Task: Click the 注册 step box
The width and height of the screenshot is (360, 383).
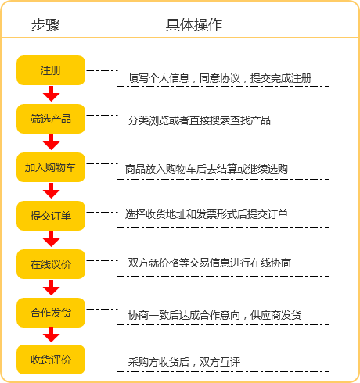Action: coord(51,70)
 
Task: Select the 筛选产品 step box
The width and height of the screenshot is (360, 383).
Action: coord(51,119)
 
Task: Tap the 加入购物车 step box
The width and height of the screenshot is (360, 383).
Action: coord(51,167)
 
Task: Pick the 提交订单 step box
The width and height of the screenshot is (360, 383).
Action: coord(51,216)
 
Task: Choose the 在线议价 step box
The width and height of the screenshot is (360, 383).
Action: coord(51,264)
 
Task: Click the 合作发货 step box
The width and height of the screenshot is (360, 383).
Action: coord(51,313)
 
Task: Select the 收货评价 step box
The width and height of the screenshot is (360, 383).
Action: coord(51,360)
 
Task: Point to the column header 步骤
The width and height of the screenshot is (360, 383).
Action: coord(45,25)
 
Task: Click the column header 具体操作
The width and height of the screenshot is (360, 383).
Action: coord(194,25)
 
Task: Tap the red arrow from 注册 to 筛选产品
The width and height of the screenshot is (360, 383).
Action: coord(52,94)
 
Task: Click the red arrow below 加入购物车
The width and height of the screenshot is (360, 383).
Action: coord(52,191)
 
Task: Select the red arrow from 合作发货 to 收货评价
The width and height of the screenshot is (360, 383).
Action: coord(52,335)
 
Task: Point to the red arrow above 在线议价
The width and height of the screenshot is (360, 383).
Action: coord(52,239)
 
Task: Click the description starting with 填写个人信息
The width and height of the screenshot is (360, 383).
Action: coord(220,78)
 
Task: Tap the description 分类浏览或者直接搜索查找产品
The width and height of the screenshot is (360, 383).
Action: coord(200,120)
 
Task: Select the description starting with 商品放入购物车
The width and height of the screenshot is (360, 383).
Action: coord(207,169)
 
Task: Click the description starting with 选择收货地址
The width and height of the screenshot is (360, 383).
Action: coord(207,214)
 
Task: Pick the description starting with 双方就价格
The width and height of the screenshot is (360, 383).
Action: coord(210,263)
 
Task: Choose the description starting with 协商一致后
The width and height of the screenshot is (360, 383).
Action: coord(214,315)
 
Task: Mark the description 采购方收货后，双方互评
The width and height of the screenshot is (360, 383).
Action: coord(184,362)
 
